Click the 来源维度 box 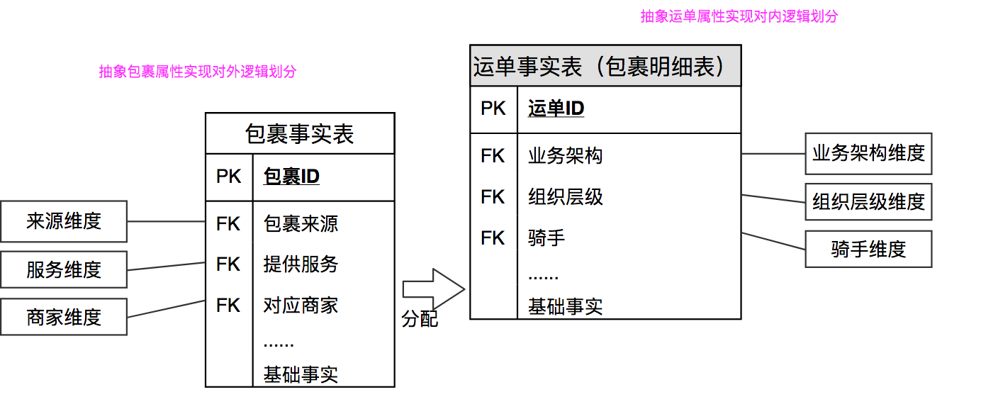64,221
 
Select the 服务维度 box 64,269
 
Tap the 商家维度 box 64,317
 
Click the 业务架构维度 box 868,153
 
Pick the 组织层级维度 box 868,202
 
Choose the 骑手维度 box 868,249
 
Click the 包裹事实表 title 300,133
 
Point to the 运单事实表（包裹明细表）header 605,66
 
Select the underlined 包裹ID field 291,176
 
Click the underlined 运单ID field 556,108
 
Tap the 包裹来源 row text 301,224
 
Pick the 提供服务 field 301,264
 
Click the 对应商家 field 301,306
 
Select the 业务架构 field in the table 565,156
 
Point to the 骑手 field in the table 546,238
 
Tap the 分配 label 420,320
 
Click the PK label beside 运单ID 493,108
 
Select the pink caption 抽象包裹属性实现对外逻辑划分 198,72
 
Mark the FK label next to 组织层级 493,196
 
